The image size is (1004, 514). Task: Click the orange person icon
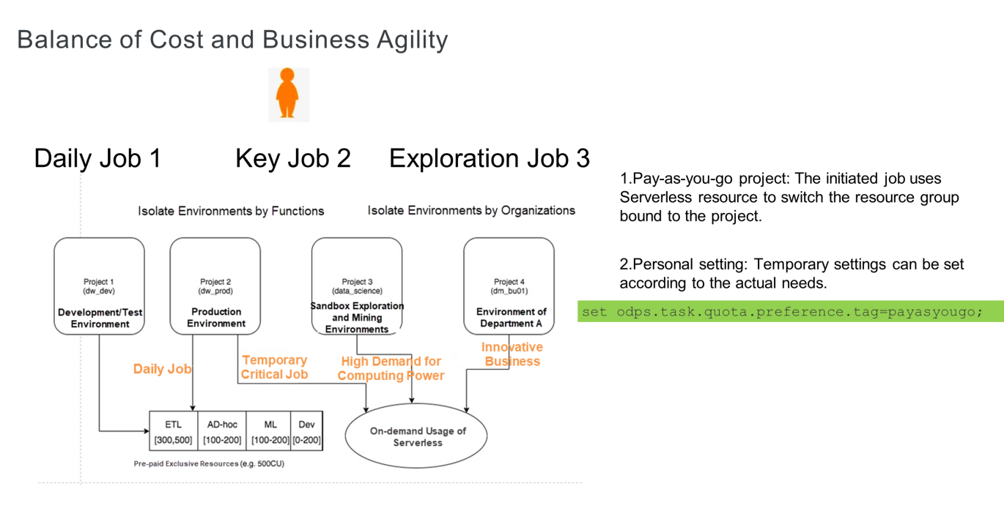pos(288,94)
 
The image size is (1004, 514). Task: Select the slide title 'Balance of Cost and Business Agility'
pos(232,40)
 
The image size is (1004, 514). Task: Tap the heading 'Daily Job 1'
pos(97,158)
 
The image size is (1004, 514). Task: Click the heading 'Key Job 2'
pos(292,158)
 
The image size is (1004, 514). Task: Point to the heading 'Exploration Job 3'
pos(489,158)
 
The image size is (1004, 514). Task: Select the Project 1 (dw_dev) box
pos(99,286)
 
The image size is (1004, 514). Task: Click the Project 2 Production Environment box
pos(215,286)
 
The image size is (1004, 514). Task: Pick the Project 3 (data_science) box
pos(357,286)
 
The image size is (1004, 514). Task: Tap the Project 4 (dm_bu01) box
pos(509,286)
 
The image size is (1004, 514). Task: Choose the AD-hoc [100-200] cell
pos(221,431)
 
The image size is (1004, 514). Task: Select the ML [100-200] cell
pos(270,431)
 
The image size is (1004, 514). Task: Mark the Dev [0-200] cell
pos(306,431)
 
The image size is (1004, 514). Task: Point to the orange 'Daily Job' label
pos(162,369)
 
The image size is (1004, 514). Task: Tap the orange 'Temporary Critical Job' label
pos(275,368)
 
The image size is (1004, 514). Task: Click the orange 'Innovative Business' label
pos(512,354)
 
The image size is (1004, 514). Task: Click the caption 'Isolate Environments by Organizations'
pos(471,211)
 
